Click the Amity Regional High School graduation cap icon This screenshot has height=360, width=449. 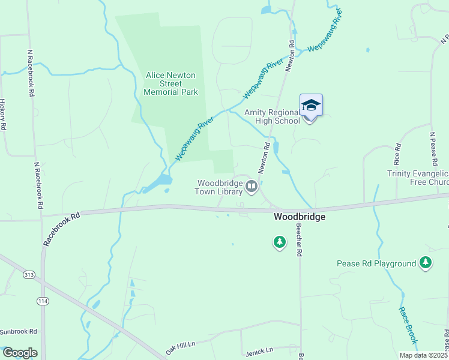(x=311, y=106)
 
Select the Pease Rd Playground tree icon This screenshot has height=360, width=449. (x=426, y=263)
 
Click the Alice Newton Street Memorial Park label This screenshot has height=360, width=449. (x=171, y=83)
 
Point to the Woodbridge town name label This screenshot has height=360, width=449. (x=300, y=217)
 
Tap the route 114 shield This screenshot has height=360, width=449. (x=43, y=300)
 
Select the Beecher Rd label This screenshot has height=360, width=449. (x=298, y=239)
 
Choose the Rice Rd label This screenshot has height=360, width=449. (x=397, y=155)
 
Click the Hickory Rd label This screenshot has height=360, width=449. (x=4, y=115)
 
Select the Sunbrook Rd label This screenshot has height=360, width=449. (x=18, y=331)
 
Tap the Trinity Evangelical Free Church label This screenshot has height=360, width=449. (x=417, y=178)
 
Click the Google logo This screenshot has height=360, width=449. (x=19, y=353)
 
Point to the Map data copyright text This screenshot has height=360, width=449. (x=423, y=355)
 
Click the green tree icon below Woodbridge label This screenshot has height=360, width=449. (x=279, y=242)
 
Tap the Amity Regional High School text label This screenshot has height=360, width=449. (x=272, y=116)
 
